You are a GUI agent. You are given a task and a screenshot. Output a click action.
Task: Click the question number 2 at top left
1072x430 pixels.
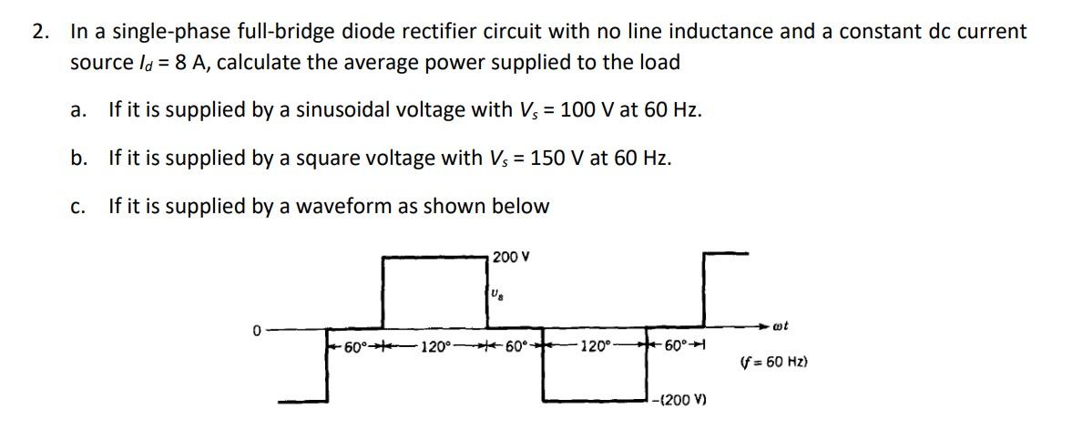point(39,32)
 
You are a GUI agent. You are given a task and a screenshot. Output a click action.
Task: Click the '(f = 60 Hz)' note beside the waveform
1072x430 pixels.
point(776,363)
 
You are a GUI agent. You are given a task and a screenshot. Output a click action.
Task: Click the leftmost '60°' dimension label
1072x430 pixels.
point(354,347)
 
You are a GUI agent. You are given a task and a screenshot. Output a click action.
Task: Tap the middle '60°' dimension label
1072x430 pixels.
point(515,347)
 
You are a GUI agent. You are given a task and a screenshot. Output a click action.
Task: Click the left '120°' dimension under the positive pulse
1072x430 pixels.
point(434,347)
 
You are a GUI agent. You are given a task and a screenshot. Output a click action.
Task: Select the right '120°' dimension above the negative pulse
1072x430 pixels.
point(595,347)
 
